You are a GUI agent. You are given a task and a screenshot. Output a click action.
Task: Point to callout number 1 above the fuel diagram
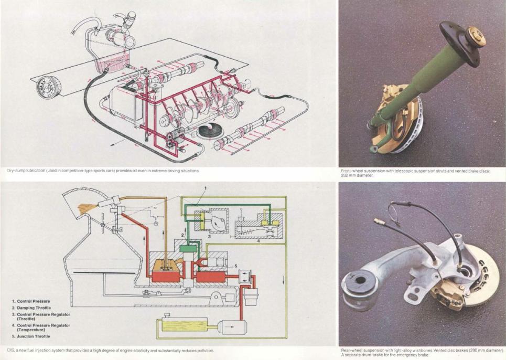tap(205, 188)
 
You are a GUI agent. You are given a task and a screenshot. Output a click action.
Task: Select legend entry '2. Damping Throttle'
tap(33, 308)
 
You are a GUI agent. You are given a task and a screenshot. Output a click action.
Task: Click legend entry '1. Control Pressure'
tap(33, 301)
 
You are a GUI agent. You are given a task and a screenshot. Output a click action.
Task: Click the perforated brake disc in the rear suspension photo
tap(485, 273)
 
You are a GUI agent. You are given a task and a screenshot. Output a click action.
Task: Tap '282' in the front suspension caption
tap(344, 176)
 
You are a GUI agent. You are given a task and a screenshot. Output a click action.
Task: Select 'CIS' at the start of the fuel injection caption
tap(10, 350)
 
